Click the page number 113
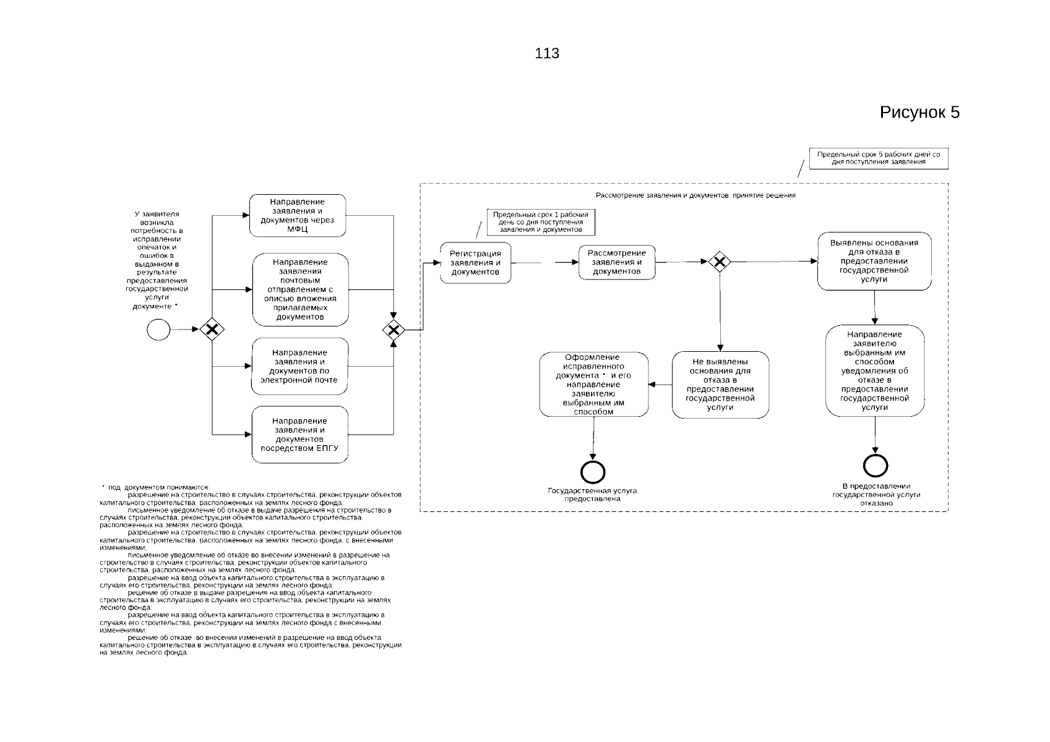tap(547, 53)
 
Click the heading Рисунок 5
tap(919, 113)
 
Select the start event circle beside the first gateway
tap(158, 330)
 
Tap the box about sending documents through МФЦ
tap(298, 215)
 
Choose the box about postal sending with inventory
tap(301, 289)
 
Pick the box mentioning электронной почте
tap(300, 366)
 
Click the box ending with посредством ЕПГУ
tap(300, 435)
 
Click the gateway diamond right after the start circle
tap(212, 330)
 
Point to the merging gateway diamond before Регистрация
tap(394, 330)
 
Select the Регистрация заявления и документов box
tap(476, 263)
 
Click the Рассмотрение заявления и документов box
tap(617, 262)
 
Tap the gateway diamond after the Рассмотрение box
tap(720, 262)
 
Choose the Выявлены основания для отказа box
tap(874, 262)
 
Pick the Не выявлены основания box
tap(720, 385)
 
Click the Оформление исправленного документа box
tap(594, 385)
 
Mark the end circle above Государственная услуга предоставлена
tap(593, 472)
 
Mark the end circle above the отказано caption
tap(876, 466)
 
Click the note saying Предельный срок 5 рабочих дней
tap(879, 158)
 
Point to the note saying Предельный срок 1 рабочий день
tap(541, 222)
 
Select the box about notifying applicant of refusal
tap(875, 370)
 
